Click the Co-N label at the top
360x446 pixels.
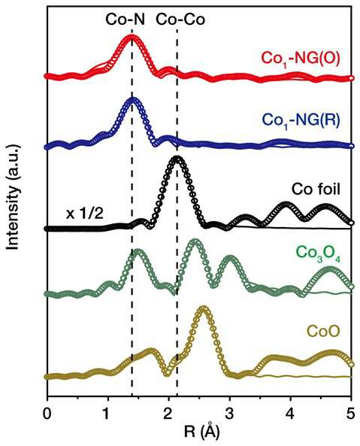tap(125, 20)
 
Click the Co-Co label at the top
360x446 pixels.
tap(180, 20)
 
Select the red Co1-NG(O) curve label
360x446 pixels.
tap(301, 59)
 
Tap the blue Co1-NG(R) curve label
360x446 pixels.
tap(301, 120)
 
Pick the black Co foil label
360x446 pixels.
tap(316, 190)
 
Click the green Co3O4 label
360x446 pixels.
tap(318, 253)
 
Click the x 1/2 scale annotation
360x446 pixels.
tap(84, 214)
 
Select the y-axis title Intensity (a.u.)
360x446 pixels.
tap(13, 198)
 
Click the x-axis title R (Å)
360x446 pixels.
tap(202, 432)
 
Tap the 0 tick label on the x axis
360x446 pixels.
tap(47, 414)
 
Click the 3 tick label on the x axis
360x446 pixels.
tap(229, 414)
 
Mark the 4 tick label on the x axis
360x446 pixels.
tap(290, 414)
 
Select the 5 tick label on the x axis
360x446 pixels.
tap(351, 414)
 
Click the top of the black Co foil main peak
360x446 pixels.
tap(177, 159)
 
